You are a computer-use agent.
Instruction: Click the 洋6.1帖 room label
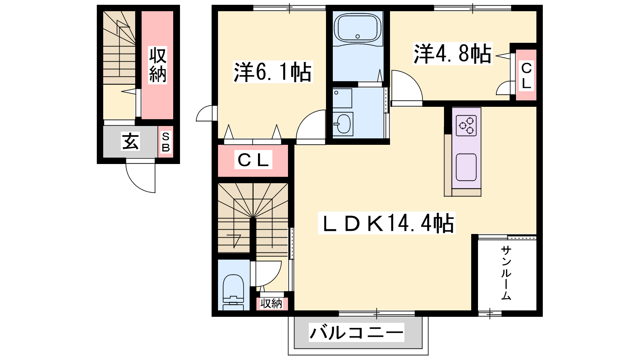pyautogui.click(x=273, y=72)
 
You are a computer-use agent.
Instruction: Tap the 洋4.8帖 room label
pyautogui.click(x=452, y=54)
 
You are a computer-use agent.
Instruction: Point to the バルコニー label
pyautogui.click(x=356, y=332)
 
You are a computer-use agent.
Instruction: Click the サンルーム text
pyautogui.click(x=506, y=273)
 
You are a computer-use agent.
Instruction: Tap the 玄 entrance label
pyautogui.click(x=130, y=141)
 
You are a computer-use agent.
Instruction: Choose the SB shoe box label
pyautogui.click(x=166, y=142)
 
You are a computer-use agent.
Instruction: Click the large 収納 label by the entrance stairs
pyautogui.click(x=158, y=65)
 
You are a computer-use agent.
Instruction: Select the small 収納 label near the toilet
pyautogui.click(x=271, y=304)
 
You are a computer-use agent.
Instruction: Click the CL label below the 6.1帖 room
pyautogui.click(x=253, y=160)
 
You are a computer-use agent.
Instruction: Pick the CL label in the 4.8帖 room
pyautogui.click(x=526, y=76)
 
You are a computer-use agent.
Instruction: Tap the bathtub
pyautogui.click(x=358, y=28)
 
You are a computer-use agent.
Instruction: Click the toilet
pyautogui.click(x=234, y=292)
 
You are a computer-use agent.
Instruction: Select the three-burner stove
pyautogui.click(x=466, y=126)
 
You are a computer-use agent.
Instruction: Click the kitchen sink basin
pyautogui.click(x=466, y=167)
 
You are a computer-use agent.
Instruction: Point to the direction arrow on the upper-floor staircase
pyautogui.click(x=234, y=240)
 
